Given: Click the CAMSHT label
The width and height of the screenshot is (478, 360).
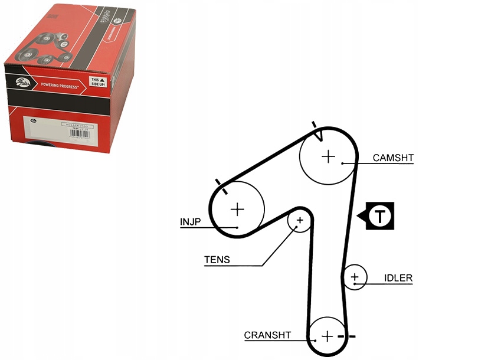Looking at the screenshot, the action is pyautogui.click(x=393, y=158).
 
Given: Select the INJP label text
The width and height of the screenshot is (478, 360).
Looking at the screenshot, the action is pyautogui.click(x=191, y=222).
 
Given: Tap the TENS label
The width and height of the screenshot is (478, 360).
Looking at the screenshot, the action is pyautogui.click(x=217, y=260).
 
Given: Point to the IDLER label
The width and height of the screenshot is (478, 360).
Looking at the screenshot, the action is pyautogui.click(x=398, y=278).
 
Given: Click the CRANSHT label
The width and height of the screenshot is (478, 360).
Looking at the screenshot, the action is pyautogui.click(x=267, y=335).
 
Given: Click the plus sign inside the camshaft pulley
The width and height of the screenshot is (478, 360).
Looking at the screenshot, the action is pyautogui.click(x=328, y=156).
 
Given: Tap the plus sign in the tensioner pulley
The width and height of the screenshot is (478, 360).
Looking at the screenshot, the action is pyautogui.click(x=300, y=221).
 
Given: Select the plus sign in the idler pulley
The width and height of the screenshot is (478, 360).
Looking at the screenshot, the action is pyautogui.click(x=355, y=276).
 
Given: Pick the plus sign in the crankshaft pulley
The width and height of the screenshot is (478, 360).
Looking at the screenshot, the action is pyautogui.click(x=328, y=336).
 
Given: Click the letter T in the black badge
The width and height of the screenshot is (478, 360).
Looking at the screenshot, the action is pyautogui.click(x=381, y=216).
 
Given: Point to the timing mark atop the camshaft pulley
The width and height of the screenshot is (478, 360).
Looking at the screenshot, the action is pyautogui.click(x=317, y=130).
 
